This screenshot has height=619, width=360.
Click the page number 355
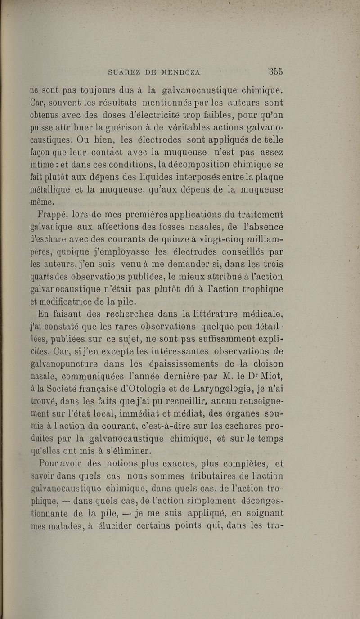pyautogui.click(x=274, y=71)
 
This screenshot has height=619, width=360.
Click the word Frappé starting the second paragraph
pyautogui.click(x=52, y=213)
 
